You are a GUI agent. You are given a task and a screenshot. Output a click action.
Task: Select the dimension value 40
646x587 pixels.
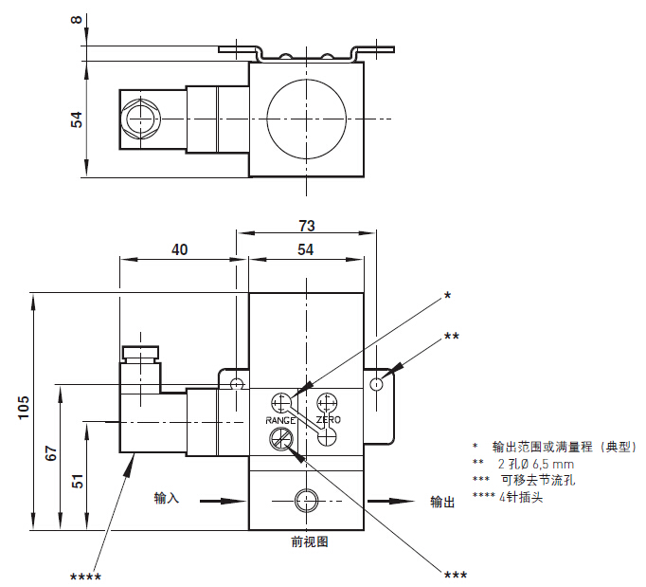(180, 249)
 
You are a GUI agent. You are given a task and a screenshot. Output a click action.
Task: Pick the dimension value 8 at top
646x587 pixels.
(77, 20)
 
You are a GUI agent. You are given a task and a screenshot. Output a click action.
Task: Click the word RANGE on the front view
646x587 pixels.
(281, 419)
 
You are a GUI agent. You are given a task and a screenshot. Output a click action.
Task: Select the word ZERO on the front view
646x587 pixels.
(329, 419)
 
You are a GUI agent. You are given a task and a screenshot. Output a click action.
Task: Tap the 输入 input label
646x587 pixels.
(167, 498)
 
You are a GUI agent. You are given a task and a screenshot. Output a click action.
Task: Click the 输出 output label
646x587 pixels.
(442, 502)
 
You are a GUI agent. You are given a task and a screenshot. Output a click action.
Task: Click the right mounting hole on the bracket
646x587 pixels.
(378, 384)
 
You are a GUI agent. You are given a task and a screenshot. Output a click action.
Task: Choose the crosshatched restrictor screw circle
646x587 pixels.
(281, 438)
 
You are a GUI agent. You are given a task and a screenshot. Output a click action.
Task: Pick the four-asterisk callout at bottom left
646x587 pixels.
(86, 576)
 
